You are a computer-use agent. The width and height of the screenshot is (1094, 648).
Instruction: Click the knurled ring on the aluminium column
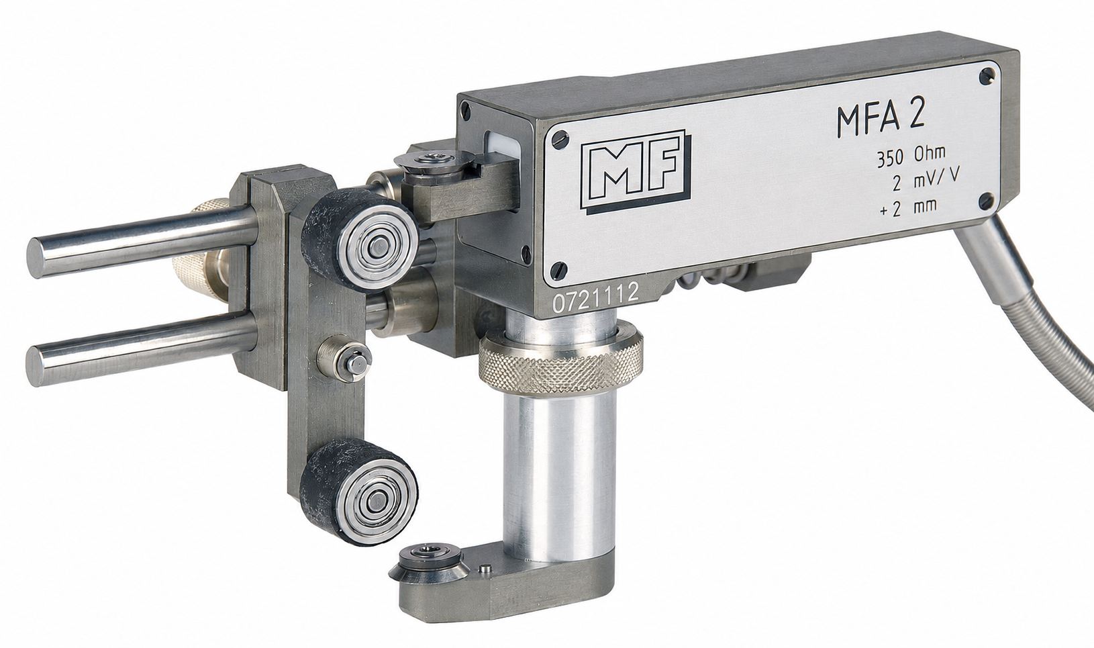pyautogui.click(x=560, y=361)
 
